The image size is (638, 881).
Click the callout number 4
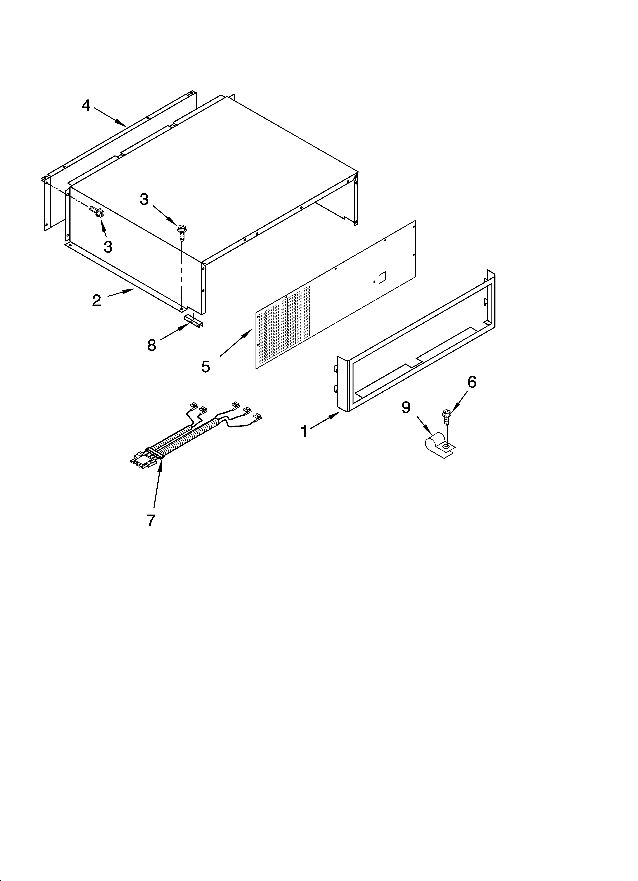point(86,105)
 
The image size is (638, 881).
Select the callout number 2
point(96,300)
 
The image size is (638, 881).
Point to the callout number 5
point(206,366)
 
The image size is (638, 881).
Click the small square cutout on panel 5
point(382,276)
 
